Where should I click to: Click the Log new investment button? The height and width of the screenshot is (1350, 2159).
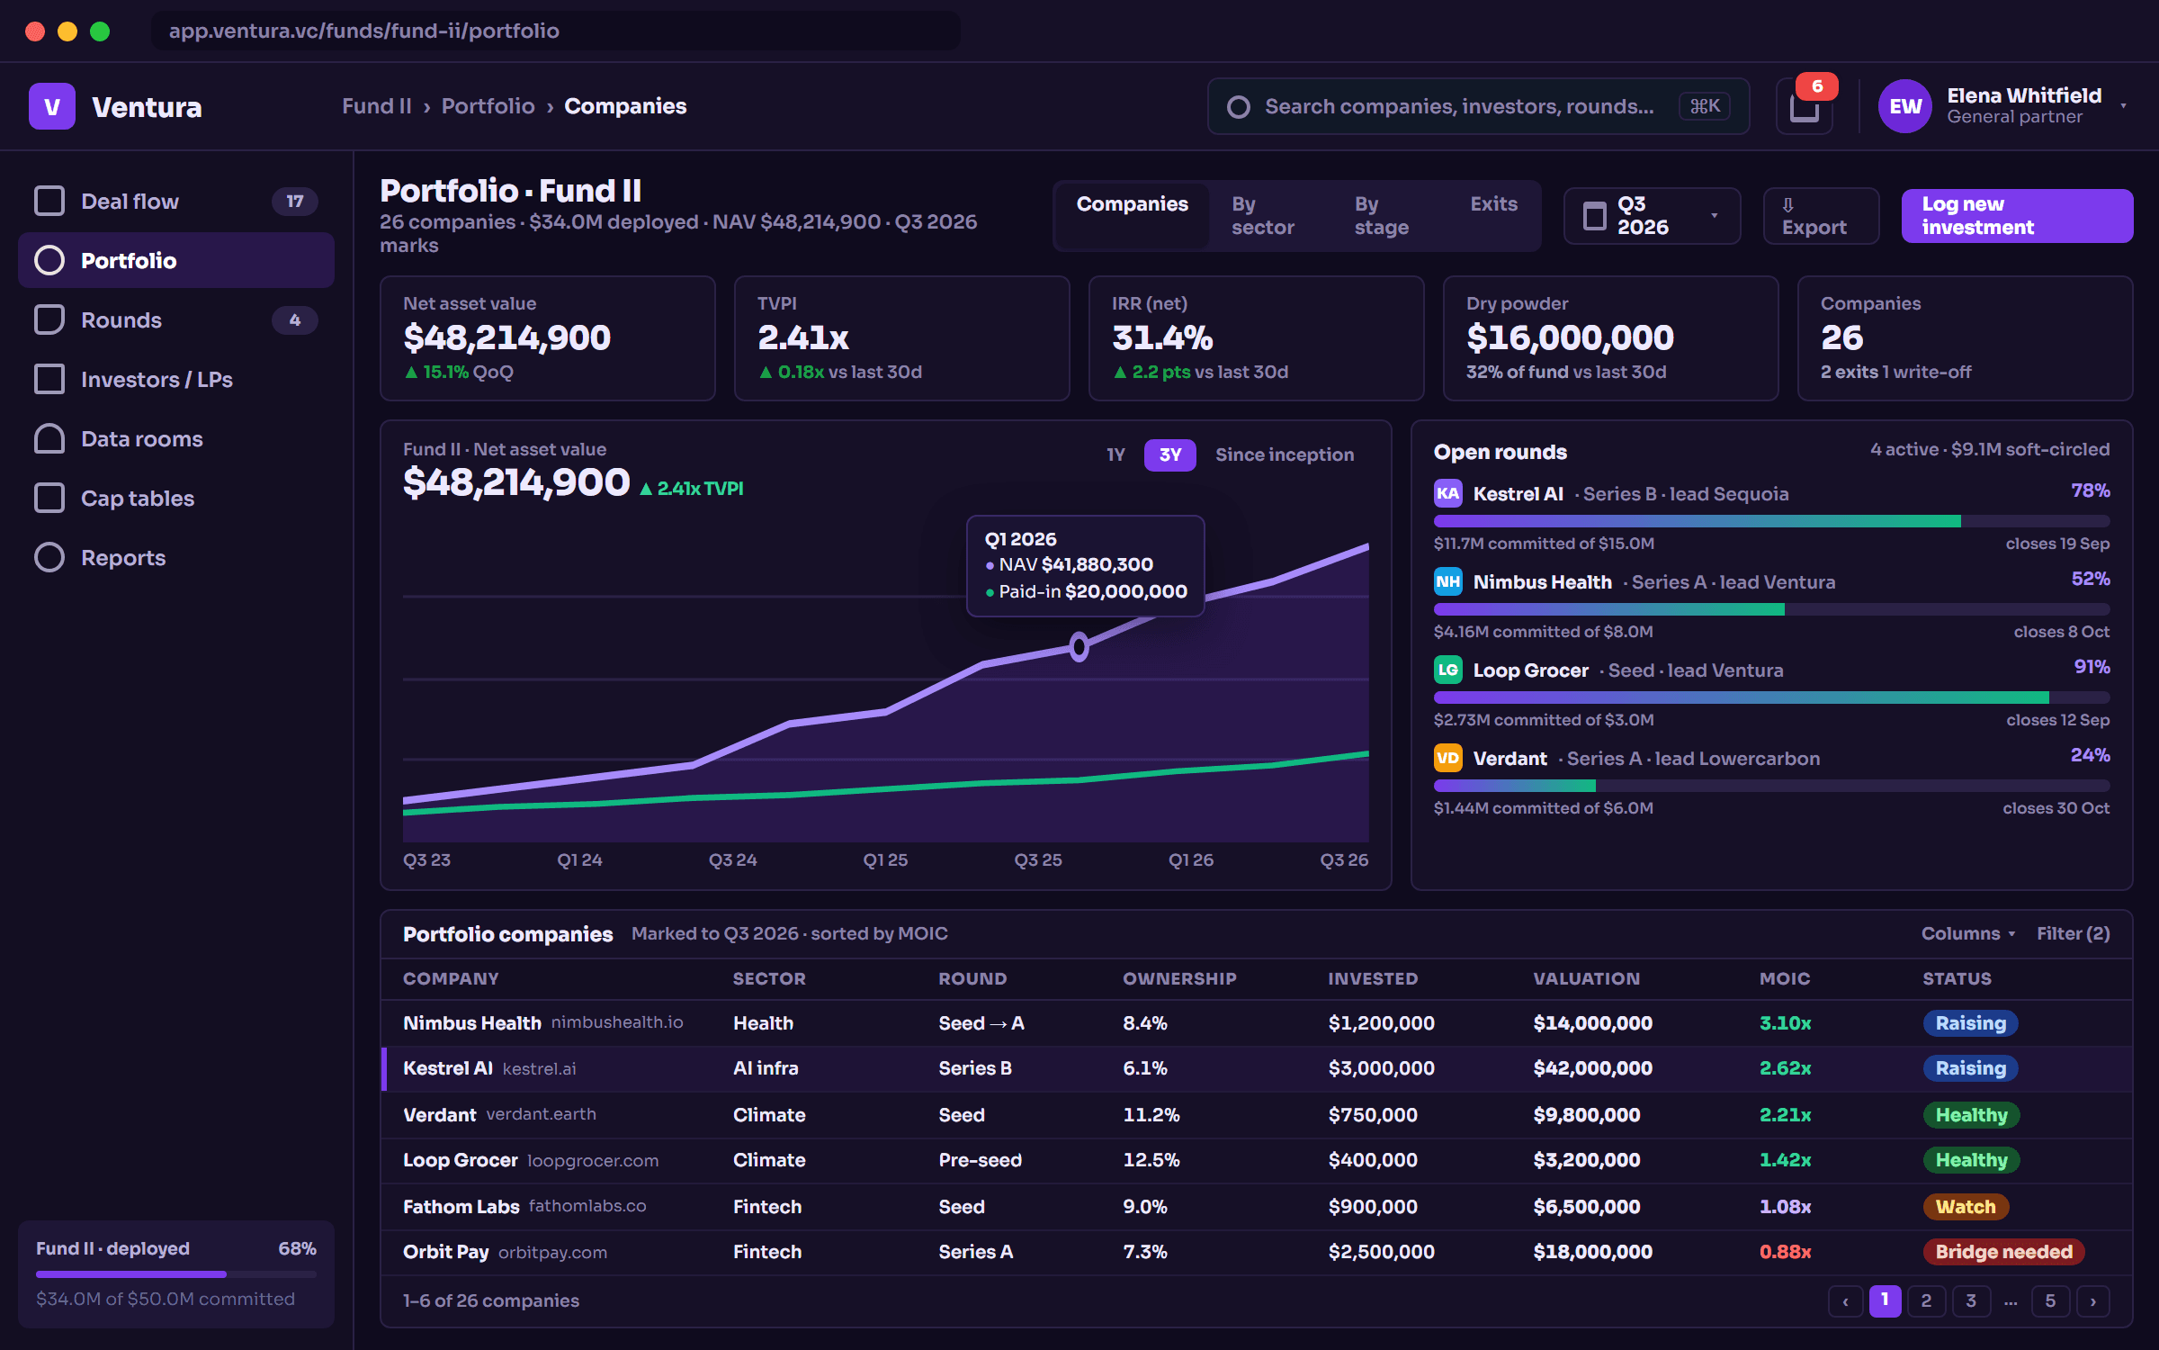[x=2017, y=216]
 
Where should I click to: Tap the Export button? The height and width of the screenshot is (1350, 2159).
[x=1821, y=216]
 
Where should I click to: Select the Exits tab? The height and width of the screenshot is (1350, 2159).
[x=1493, y=204]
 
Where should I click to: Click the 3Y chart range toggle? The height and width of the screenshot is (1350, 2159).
[x=1169, y=455]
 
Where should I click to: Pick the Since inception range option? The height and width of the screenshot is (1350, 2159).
[x=1285, y=455]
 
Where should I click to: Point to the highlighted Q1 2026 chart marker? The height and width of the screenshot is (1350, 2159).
[x=1079, y=646]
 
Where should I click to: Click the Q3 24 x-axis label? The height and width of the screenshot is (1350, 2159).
[x=732, y=860]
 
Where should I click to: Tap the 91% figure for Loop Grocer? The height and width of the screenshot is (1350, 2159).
[x=2092, y=667]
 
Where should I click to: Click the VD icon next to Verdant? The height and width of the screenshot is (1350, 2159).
[x=1447, y=758]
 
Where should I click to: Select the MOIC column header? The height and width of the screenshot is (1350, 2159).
[x=1785, y=978]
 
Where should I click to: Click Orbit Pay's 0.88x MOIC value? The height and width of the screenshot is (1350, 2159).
[x=1785, y=1252]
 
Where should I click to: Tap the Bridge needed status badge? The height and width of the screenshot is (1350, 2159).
[x=2003, y=1252]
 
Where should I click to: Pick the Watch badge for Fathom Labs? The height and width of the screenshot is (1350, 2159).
[x=1966, y=1207]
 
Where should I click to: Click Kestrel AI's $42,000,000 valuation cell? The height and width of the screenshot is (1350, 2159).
[x=1592, y=1068]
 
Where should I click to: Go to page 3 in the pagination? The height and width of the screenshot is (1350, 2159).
[x=1971, y=1300]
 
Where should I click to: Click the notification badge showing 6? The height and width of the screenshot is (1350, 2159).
[x=1817, y=86]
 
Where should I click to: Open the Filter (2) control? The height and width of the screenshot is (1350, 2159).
[x=2073, y=933]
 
